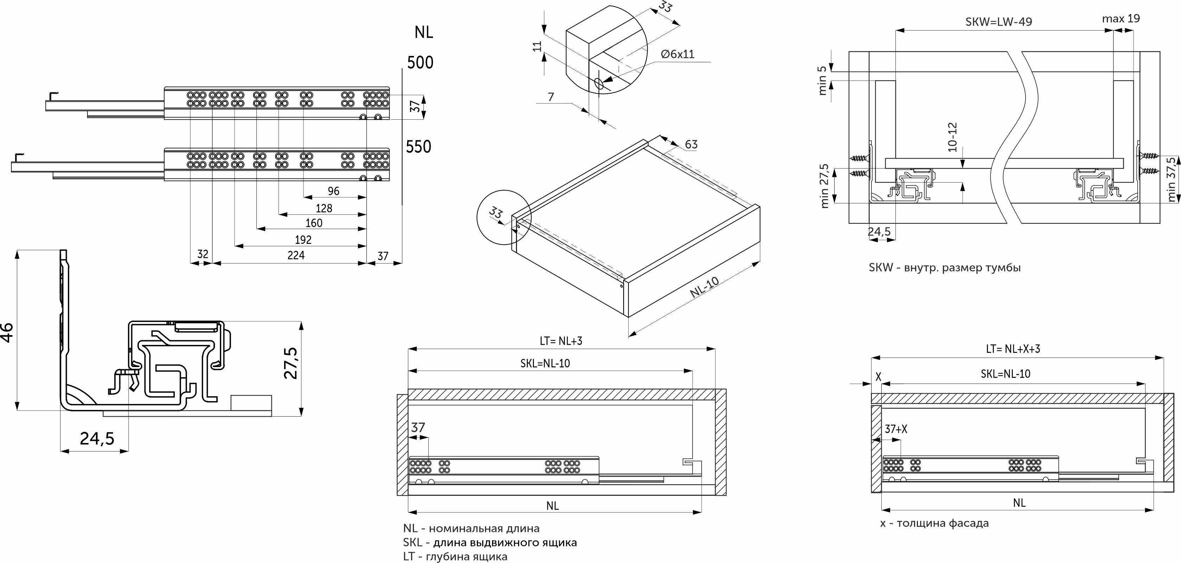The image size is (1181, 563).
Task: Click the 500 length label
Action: [420, 62]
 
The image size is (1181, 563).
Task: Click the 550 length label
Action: [419, 147]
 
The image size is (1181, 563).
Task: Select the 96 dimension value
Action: [334, 191]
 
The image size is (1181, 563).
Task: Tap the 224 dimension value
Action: [296, 255]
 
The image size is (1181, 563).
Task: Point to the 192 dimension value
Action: [303, 240]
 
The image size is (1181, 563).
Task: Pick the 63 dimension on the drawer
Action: [691, 145]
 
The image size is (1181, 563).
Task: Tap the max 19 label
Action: [1121, 19]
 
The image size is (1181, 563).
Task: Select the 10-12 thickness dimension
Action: [953, 137]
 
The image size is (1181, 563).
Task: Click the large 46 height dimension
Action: [8, 332]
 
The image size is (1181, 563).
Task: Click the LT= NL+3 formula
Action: [561, 341]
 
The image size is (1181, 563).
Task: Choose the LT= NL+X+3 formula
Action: [1013, 349]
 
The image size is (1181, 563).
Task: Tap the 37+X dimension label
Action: [896, 429]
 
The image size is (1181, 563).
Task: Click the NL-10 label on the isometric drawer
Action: [705, 288]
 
